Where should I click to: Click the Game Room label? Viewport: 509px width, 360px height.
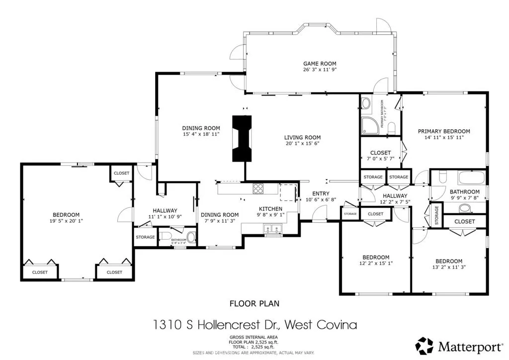[x=320, y=64]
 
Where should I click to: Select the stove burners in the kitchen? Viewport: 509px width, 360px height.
[x=259, y=188]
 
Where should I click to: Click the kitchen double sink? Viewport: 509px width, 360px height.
[x=272, y=229]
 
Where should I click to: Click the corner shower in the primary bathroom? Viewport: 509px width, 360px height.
[x=369, y=125]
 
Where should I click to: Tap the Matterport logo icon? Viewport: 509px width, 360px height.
[x=424, y=346]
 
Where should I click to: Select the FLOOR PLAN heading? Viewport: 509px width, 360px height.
[x=254, y=303]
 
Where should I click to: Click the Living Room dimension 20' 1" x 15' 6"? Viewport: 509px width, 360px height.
[x=302, y=143]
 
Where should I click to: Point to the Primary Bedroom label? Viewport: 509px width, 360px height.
[x=443, y=131]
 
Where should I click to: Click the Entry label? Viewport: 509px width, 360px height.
[x=321, y=194]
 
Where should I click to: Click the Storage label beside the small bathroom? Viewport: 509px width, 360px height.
[x=145, y=237]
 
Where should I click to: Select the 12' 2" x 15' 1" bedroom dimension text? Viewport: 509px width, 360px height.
[x=376, y=263]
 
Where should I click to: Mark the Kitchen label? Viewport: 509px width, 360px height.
[x=270, y=209]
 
